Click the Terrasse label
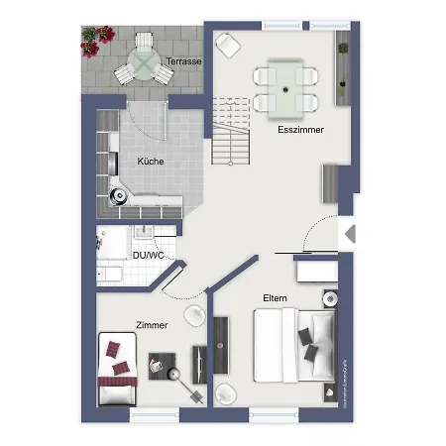point(183,61)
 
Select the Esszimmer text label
point(300,130)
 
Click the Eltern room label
point(276,297)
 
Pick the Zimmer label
point(153,325)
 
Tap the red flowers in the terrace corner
point(96,39)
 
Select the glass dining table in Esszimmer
point(286,87)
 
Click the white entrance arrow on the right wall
point(349,235)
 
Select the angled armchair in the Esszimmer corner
point(228,45)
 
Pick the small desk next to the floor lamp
point(160,366)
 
